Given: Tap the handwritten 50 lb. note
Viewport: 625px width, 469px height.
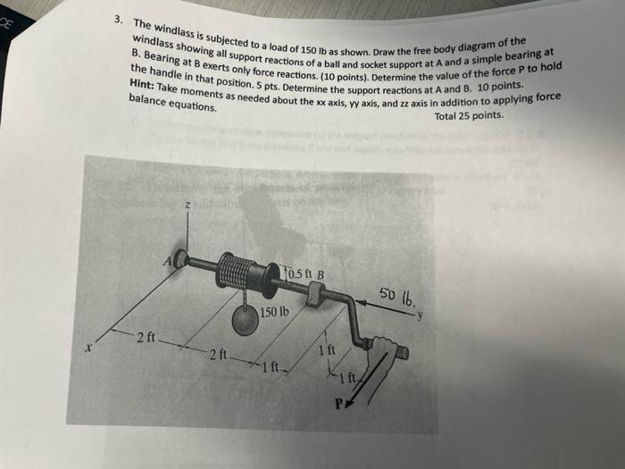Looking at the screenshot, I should coord(396,294).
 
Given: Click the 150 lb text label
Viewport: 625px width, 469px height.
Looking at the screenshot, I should coord(274,313).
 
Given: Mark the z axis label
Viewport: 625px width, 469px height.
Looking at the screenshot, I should coord(187,206).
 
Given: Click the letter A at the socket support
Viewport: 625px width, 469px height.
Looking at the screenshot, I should coord(167,260).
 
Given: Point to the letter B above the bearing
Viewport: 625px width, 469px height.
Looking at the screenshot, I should coord(320,274).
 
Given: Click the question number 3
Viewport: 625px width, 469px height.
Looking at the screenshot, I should coord(119,19).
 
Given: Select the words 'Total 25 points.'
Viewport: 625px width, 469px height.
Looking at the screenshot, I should coord(470,116).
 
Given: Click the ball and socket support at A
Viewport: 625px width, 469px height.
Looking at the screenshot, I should coord(182,259).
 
